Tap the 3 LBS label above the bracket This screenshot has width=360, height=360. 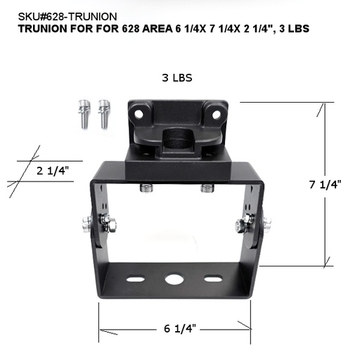tap(177, 77)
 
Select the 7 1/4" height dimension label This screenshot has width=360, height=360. tap(325, 185)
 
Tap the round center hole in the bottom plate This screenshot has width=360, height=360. tap(173, 279)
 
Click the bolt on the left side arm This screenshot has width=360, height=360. tap(90, 225)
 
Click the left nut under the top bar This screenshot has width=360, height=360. tap(146, 188)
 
